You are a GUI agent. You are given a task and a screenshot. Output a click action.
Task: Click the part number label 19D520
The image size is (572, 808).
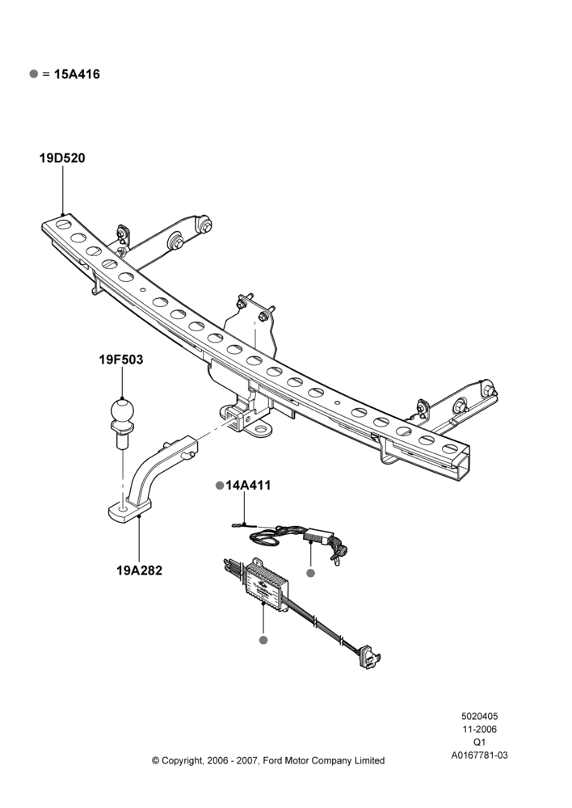(62, 158)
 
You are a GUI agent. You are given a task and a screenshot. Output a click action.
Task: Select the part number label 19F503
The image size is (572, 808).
(121, 360)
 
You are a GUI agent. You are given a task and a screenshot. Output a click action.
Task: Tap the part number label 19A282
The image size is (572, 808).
(139, 570)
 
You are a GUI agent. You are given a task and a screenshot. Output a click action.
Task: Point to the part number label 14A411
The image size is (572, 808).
(248, 486)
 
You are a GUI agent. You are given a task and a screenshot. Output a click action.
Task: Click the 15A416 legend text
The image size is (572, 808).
(77, 74)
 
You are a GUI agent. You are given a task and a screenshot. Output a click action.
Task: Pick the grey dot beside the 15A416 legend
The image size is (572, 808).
(34, 74)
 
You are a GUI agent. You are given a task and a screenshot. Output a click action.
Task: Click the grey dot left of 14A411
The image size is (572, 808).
(220, 486)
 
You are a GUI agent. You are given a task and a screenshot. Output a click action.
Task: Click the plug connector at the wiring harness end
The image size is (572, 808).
(369, 657)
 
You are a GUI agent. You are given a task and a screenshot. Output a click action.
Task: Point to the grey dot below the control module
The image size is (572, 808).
(263, 640)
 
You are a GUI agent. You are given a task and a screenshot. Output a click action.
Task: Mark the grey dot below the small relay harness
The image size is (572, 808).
(310, 573)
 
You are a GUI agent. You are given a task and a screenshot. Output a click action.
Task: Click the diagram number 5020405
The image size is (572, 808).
(479, 716)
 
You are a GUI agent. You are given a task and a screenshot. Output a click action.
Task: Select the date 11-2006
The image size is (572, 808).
(479, 729)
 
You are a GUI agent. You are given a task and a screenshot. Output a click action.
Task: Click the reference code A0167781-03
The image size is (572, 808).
(479, 755)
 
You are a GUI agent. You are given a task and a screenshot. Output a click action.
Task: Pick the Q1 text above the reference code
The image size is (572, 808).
(479, 743)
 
